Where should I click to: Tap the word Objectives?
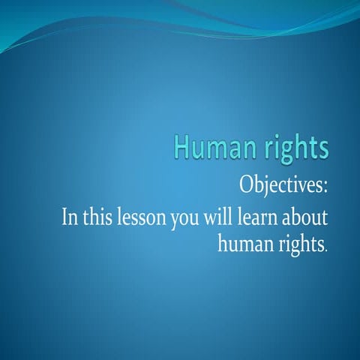tap(281, 183)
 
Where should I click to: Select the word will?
tap(226, 219)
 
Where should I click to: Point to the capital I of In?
tap(63, 219)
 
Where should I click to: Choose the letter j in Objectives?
tap(268, 185)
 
